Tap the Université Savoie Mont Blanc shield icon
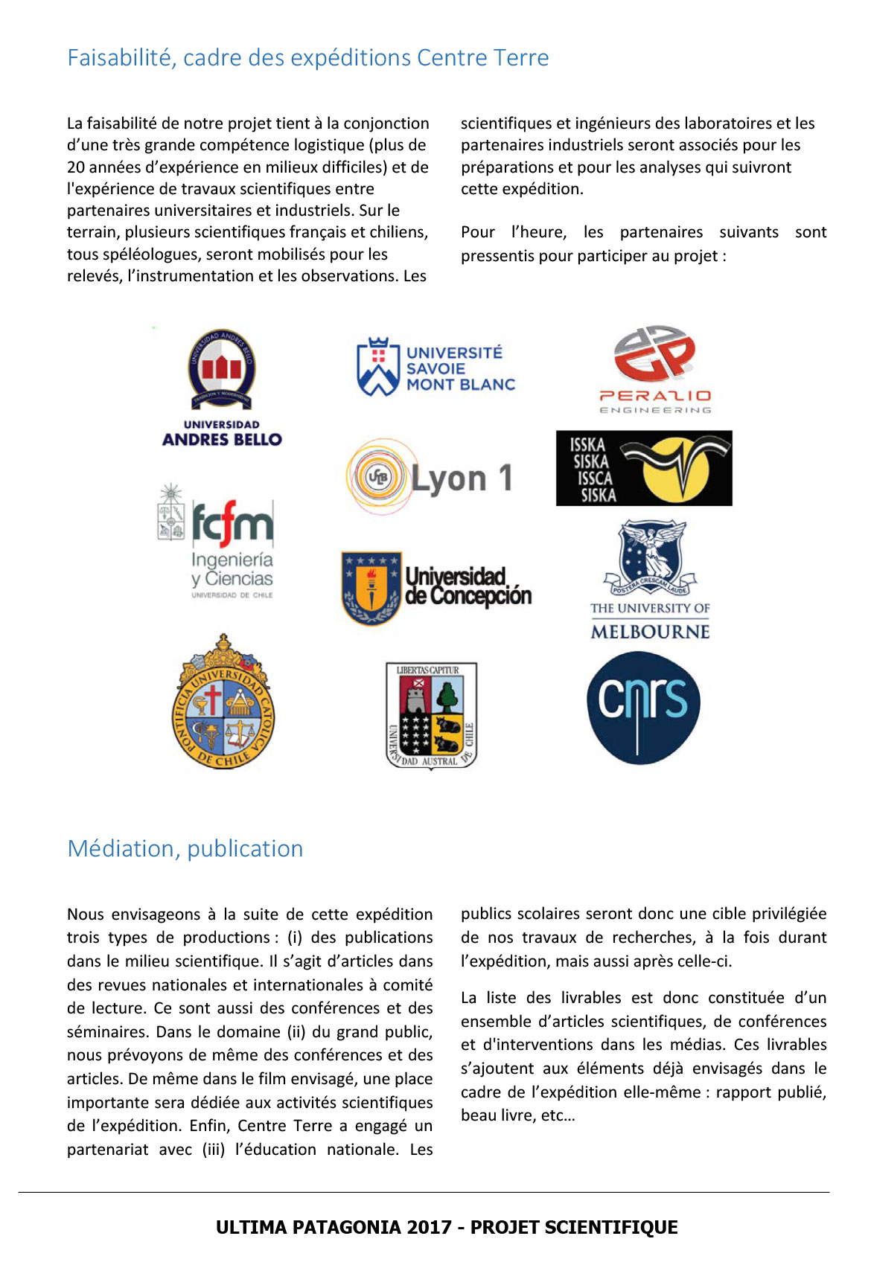(x=377, y=368)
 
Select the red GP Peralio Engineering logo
(x=654, y=353)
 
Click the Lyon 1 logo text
(x=462, y=478)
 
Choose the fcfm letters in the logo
(x=232, y=523)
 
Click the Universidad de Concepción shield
(x=371, y=588)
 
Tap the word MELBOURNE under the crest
(x=650, y=632)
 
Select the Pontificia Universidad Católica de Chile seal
(x=223, y=703)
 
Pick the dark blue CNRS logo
(x=643, y=707)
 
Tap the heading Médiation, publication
(x=185, y=849)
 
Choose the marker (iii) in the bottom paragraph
(x=213, y=1150)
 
